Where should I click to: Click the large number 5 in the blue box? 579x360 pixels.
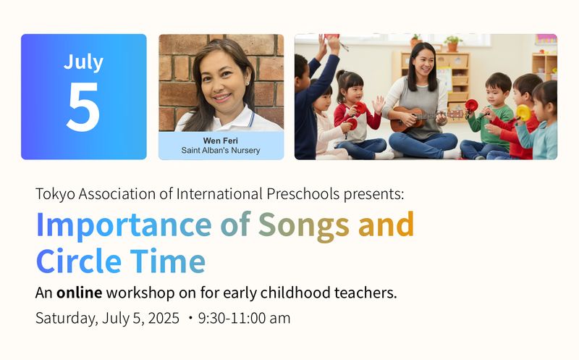tap(83, 106)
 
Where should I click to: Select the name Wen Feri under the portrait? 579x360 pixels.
tap(221, 139)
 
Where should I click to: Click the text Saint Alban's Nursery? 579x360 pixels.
tap(221, 151)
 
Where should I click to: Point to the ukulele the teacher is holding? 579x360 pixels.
tap(420, 117)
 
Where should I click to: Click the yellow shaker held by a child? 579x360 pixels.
tap(523, 112)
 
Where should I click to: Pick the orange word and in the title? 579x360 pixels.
tap(386, 225)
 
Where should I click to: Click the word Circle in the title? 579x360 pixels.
tap(77, 261)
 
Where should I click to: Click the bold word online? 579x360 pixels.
tap(80, 293)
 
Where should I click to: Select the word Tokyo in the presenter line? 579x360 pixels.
tap(55, 194)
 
